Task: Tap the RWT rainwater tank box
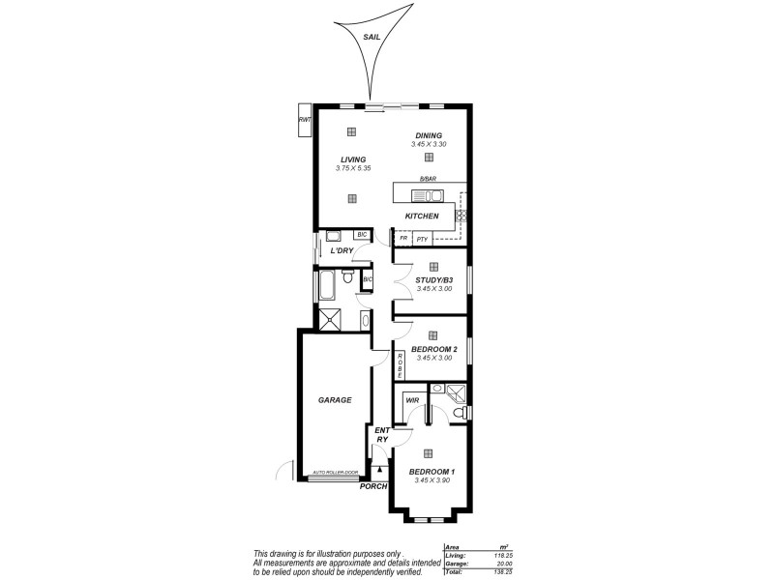pos(305,120)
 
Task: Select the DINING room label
pos(429,135)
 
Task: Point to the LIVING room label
pos(353,159)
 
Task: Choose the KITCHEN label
pos(422,216)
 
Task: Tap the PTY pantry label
pos(422,238)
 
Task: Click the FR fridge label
pos(402,238)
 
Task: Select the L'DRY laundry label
pos(341,251)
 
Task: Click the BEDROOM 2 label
pos(433,349)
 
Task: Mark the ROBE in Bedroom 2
pos(400,365)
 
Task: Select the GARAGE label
pos(335,399)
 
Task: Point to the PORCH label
pos(372,486)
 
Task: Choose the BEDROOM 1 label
pos(432,472)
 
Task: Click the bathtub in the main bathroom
pos(326,287)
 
